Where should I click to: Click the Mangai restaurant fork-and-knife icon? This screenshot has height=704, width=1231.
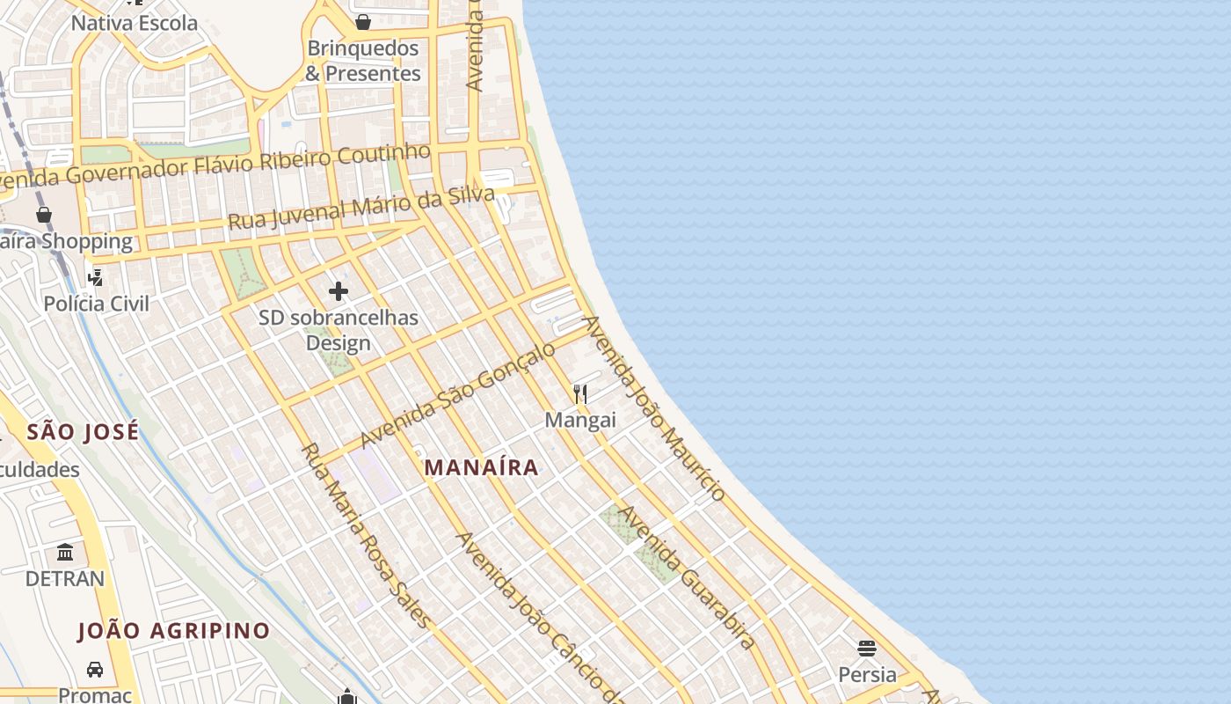[580, 393]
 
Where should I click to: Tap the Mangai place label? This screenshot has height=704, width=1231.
[580, 420]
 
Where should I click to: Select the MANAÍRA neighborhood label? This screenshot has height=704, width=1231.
[481, 467]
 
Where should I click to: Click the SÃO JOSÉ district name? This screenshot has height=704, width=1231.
[83, 431]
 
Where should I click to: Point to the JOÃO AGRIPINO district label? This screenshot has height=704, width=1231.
[174, 631]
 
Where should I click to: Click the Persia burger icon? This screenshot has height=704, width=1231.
[867, 649]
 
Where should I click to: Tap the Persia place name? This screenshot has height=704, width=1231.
[867, 675]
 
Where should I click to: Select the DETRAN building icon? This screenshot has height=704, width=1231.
[65, 552]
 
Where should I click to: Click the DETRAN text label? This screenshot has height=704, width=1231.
[65, 578]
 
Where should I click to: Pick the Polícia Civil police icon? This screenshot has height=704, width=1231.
[95, 277]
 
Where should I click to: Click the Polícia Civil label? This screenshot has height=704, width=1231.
[97, 304]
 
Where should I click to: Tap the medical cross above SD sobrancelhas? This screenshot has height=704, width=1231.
[339, 291]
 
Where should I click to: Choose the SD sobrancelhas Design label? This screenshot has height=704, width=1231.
[339, 330]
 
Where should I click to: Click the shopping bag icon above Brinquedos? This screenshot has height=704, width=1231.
[362, 21]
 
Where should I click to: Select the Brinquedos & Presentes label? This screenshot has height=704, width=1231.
[362, 61]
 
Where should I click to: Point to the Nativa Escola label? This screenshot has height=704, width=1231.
[135, 23]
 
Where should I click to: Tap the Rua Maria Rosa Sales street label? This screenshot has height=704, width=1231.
[366, 536]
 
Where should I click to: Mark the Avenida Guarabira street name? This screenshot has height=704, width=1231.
[688, 577]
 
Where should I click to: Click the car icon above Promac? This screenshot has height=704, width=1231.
[95, 669]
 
